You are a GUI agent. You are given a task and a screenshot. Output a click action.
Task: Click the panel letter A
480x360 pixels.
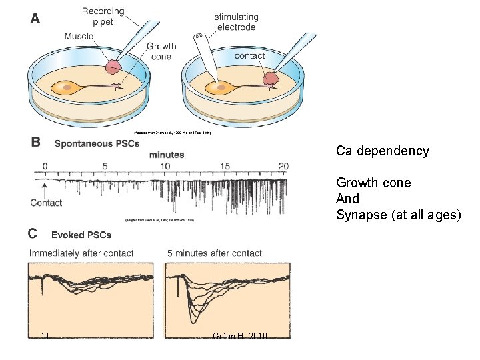pyautogui.click(x=35, y=18)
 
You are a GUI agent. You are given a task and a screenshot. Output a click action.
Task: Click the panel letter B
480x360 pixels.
pyautogui.click(x=36, y=142)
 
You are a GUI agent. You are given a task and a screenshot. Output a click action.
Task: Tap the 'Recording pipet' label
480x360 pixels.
pyautogui.click(x=103, y=16)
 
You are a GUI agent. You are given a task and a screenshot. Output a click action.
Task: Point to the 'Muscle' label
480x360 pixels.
pyautogui.click(x=79, y=36)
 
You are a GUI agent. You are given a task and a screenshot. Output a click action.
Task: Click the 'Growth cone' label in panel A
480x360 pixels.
pyautogui.click(x=161, y=51)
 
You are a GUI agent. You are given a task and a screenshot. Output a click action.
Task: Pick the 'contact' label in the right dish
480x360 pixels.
pyautogui.click(x=249, y=56)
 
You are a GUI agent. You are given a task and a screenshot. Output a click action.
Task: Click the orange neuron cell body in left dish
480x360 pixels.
pyautogui.click(x=65, y=87)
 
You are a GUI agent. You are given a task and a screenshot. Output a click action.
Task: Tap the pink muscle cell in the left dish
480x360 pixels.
pyautogui.click(x=114, y=67)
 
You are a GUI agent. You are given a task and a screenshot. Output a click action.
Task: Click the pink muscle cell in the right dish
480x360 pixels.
pyautogui.click(x=271, y=78)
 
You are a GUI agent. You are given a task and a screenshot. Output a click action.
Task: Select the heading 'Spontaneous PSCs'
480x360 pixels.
pyautogui.click(x=97, y=143)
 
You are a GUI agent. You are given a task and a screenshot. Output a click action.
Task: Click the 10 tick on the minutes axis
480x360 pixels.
pyautogui.click(x=165, y=166)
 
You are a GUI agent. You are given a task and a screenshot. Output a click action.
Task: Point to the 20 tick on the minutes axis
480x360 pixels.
pyautogui.click(x=284, y=166)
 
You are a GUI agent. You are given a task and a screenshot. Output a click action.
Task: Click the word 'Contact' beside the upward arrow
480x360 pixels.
pyautogui.click(x=47, y=203)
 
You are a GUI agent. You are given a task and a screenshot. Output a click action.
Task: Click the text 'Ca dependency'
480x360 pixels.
pyautogui.click(x=382, y=151)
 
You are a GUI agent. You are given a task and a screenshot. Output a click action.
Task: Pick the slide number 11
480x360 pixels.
pyautogui.click(x=45, y=336)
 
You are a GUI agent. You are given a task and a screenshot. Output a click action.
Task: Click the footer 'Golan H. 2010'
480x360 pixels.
pyautogui.click(x=239, y=336)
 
